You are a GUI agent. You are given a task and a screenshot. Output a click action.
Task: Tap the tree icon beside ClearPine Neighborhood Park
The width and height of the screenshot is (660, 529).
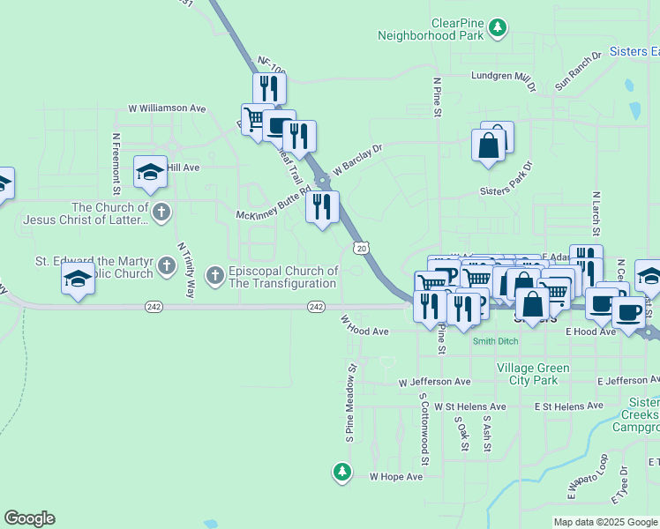[498, 28]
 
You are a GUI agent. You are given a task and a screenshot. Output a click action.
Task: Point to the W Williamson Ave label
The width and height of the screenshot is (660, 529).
[167, 108]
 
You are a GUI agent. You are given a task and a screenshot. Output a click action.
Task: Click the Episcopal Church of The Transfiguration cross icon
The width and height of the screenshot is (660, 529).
[214, 277]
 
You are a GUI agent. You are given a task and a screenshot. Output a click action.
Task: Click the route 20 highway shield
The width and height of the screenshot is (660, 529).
[361, 249]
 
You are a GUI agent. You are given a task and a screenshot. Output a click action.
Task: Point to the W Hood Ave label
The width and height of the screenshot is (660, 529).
[364, 332]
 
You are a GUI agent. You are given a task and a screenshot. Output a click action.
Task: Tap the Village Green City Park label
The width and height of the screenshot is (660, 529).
[528, 374]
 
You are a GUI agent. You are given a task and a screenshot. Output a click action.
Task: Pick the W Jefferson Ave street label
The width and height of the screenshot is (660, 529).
[434, 383]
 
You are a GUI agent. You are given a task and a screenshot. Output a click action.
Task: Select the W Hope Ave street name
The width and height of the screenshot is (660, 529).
[396, 476]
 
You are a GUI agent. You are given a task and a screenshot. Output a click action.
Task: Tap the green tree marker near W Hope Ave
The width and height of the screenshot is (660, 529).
[342, 473]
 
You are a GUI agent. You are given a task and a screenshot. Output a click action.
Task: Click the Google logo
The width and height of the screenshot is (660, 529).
[30, 518]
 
